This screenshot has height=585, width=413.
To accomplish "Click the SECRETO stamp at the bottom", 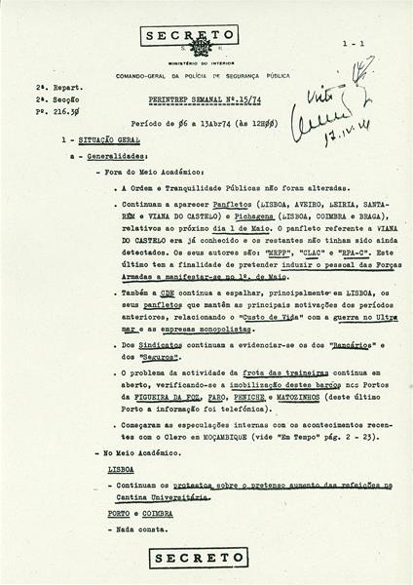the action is click(207, 557).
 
